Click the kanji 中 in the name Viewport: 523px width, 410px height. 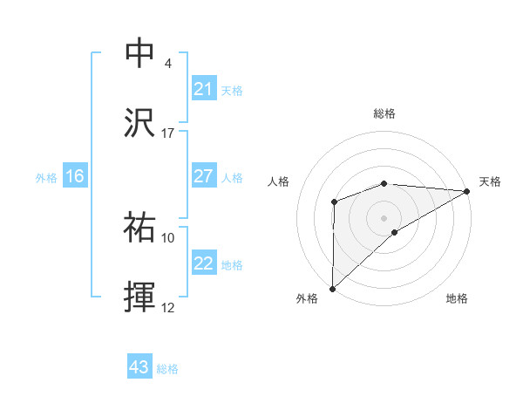coord(141,52)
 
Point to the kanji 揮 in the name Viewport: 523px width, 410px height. coord(141,297)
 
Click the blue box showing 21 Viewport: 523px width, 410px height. coord(204,89)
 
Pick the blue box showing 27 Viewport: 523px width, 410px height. coord(204,176)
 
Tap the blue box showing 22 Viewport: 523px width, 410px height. coord(204,264)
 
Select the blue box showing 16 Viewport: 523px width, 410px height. coord(75,176)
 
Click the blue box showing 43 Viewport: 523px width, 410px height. coord(139,368)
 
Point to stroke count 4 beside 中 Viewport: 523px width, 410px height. coord(167,64)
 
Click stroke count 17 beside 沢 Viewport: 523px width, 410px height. coord(168,133)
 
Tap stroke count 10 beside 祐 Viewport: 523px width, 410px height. coord(168,237)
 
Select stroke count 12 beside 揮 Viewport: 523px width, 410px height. coord(168,308)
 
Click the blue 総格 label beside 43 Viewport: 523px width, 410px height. coord(167,369)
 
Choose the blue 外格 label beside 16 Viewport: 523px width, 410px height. coord(46,178)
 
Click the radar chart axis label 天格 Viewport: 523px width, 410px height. coord(490,181)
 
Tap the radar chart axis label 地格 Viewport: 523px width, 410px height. coord(457,298)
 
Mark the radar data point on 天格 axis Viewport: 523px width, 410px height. coord(466,191)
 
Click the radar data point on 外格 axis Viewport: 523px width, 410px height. coord(332,288)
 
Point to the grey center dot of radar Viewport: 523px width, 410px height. coord(384,217)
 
